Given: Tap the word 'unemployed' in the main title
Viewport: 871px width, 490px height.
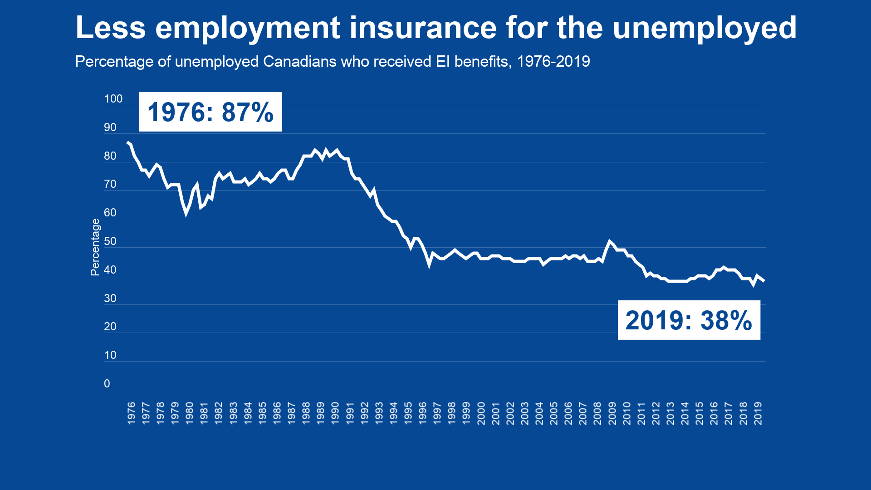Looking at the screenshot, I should (705, 28).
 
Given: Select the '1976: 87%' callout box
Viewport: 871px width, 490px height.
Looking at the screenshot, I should (210, 112).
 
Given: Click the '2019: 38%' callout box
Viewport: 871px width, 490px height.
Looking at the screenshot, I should (689, 320).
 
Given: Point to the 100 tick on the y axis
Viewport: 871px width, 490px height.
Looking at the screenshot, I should (113, 99).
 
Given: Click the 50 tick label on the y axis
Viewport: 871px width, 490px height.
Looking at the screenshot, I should (110, 241).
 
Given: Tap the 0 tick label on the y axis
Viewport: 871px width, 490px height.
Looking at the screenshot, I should (107, 384).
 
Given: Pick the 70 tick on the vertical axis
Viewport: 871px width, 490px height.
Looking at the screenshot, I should (110, 184).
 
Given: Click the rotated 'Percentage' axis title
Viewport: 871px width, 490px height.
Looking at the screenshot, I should (95, 247).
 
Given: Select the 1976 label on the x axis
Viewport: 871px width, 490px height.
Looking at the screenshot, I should (131, 413).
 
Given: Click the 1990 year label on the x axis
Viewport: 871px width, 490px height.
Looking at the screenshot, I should (335, 413).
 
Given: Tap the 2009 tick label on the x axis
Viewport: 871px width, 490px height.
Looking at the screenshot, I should (612, 413).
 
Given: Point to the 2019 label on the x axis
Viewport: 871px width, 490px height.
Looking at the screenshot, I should (758, 413).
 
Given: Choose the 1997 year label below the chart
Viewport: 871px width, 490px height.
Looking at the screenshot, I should (437, 413).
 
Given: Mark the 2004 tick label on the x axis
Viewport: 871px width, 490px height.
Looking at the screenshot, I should (539, 413).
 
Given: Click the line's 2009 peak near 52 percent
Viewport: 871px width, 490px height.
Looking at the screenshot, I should (609, 241).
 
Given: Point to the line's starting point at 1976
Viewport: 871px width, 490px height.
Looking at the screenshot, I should (127, 142).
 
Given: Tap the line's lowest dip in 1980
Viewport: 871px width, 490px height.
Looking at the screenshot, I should (186, 214).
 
